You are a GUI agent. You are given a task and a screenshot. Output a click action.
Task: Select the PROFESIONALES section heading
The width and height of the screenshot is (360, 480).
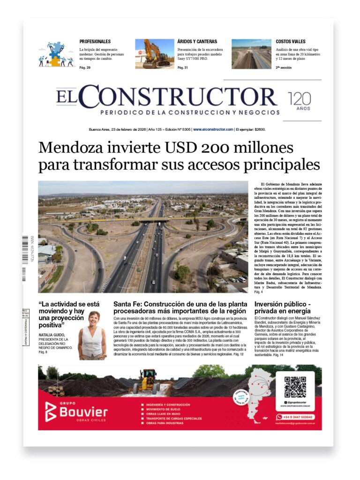(x=95, y=42)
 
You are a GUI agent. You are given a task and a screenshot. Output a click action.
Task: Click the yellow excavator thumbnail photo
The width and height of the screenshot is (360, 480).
(x=155, y=54)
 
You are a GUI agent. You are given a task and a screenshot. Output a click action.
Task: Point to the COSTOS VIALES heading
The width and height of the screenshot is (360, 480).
(x=291, y=42)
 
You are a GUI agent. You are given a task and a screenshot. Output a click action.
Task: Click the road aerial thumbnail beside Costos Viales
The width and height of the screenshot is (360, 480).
(x=251, y=54)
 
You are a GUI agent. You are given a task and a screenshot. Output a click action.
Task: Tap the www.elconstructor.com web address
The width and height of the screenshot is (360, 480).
(x=213, y=129)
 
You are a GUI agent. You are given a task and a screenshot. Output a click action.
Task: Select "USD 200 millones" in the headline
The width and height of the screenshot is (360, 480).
(x=227, y=148)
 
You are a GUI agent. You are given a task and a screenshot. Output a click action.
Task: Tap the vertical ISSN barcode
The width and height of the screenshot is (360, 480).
(x=25, y=259)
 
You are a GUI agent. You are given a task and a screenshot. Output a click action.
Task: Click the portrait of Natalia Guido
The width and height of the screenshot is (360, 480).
(x=92, y=335)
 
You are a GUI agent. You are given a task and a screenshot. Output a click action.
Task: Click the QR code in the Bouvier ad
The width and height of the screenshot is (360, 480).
(x=295, y=387)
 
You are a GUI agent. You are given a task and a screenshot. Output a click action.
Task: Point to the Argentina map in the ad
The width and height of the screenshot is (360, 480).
(x=255, y=394)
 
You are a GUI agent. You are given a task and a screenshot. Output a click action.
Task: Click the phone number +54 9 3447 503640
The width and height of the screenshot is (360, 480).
(x=298, y=417)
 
